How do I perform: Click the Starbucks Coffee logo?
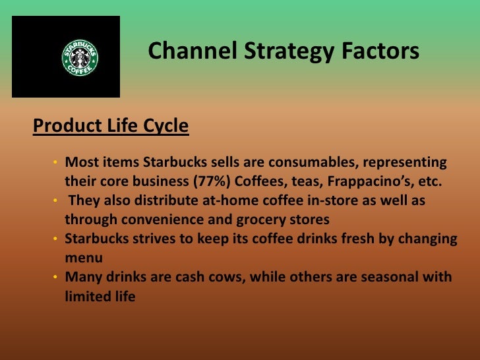80,57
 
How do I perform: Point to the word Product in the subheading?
65,125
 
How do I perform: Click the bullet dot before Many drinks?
56,278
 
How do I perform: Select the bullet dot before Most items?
56,163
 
